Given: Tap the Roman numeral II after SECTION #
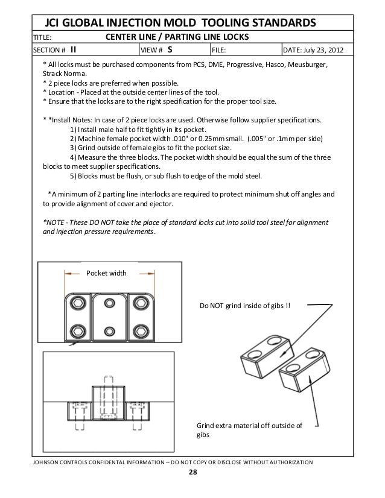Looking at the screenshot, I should pos(73,49).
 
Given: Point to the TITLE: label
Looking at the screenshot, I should pos(42,37).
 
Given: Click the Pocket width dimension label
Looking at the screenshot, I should pos(107,273).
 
